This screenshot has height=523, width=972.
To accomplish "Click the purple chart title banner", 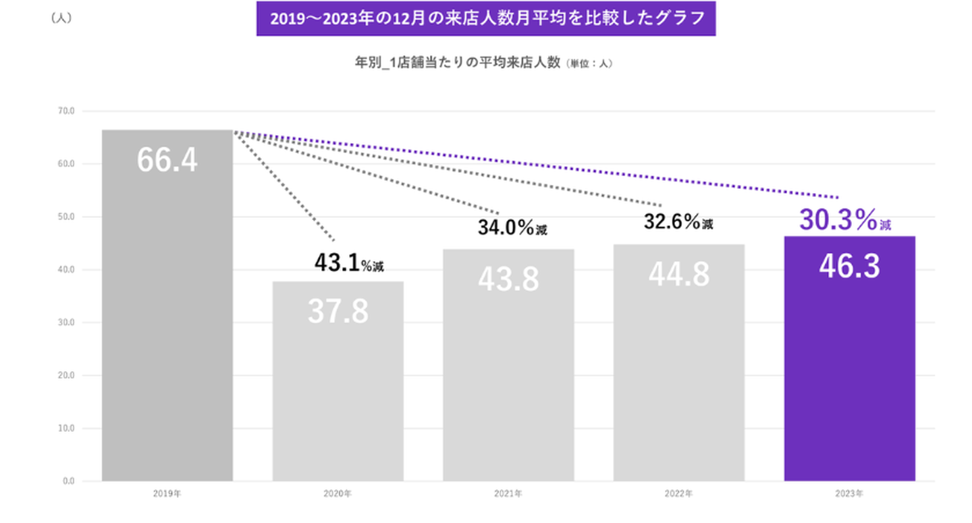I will tap(485, 19).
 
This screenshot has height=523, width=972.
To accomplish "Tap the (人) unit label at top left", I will tap(61, 19).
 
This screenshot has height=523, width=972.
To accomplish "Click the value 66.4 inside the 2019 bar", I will tap(167, 160).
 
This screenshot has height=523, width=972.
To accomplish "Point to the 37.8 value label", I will tap(338, 310).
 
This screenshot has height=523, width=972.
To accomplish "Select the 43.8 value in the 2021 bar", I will tap(508, 278).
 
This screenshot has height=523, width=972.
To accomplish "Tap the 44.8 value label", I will tap(679, 274).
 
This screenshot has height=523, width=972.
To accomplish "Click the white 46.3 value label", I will tap(849, 266).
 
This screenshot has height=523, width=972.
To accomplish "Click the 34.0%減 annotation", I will tap(512, 227).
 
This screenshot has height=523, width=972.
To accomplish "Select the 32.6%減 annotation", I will tap(678, 222).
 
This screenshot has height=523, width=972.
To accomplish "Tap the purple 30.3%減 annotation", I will tap(845, 221).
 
